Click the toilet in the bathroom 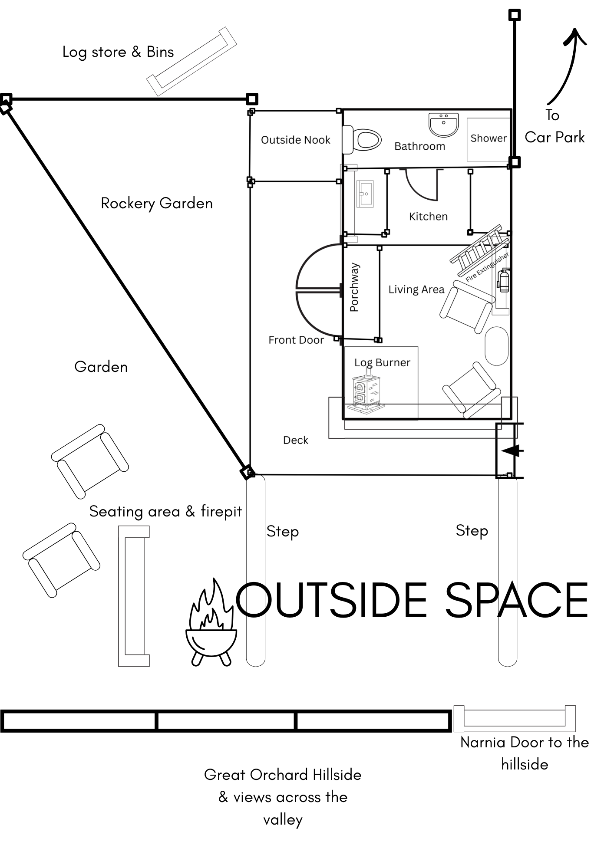(x=362, y=140)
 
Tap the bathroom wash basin (x=443, y=125)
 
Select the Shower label (x=489, y=138)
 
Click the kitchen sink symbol (x=365, y=194)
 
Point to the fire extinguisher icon (x=504, y=280)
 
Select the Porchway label (x=354, y=287)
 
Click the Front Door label (x=296, y=340)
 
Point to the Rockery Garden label (x=157, y=204)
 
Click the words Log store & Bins (x=118, y=52)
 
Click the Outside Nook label (x=295, y=140)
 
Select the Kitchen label (x=428, y=216)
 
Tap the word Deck (x=295, y=440)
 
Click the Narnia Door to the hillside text (x=525, y=753)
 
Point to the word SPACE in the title (x=517, y=601)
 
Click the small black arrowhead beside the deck (x=511, y=451)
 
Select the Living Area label (x=416, y=289)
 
